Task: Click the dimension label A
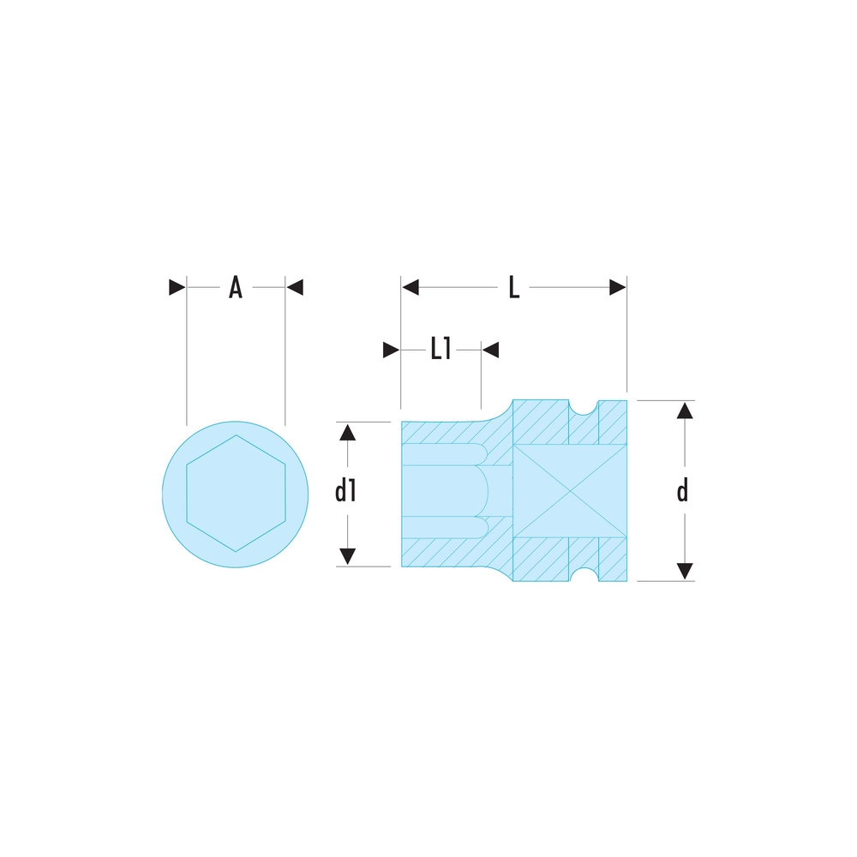pos(235,287)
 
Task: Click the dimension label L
pos(513,287)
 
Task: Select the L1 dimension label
pos(440,350)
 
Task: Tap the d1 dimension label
pos(345,491)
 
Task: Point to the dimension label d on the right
pos(682,491)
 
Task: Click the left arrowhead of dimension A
pos(177,287)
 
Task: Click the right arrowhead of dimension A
pos(294,287)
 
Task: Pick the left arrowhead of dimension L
pos(410,287)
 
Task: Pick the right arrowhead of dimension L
pos(618,287)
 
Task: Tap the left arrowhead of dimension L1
pos(392,350)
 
